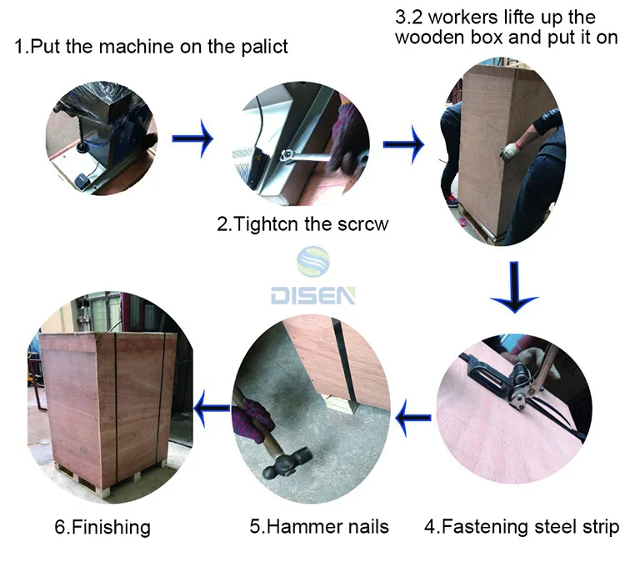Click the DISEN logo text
[312, 294]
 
